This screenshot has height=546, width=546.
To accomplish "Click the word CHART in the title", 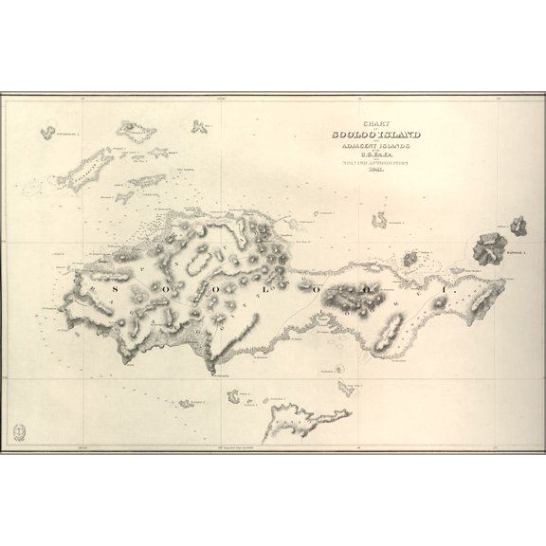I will pos(364,124).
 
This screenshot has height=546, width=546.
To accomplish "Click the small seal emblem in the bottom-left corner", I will pos(19,432).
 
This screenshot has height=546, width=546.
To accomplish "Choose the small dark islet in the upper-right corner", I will pos(518,226).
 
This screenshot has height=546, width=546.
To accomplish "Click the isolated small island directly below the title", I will pos(381,220).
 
